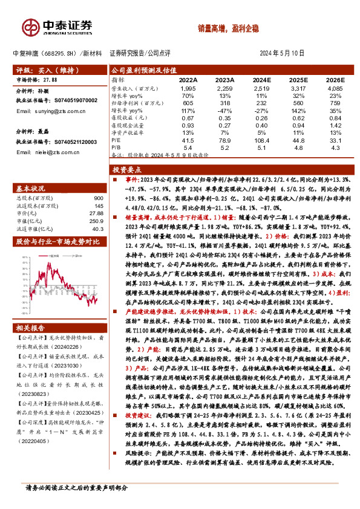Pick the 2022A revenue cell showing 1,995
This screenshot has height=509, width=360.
pos(188,88)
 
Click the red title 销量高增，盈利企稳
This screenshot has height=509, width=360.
pos(222,28)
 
